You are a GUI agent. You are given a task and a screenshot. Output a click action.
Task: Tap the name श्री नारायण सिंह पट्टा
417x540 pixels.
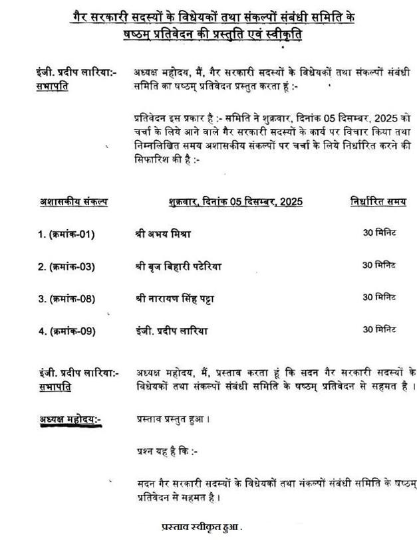coord(175,297)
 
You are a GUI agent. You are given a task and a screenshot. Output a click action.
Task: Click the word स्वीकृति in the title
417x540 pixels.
coord(275,35)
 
